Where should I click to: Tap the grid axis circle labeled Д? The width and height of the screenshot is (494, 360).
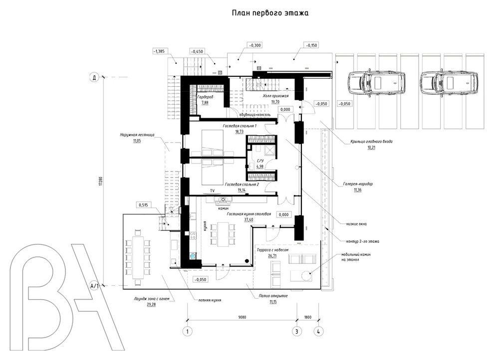coord(93,77)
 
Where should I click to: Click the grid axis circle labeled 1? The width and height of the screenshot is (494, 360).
coord(187,331)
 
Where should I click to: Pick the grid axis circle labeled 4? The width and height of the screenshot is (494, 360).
coord(318,331)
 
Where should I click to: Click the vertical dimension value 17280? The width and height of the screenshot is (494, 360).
coord(100,181)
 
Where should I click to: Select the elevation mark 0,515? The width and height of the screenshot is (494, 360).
coord(143,205)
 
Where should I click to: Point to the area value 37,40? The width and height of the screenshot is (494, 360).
coord(247,219)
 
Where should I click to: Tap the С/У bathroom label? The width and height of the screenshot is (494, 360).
coord(259,161)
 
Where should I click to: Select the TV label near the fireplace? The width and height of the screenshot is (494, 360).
coord(212,191)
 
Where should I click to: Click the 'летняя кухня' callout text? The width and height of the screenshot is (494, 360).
coord(209,301)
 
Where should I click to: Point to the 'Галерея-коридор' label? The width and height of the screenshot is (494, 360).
coord(358,183)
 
